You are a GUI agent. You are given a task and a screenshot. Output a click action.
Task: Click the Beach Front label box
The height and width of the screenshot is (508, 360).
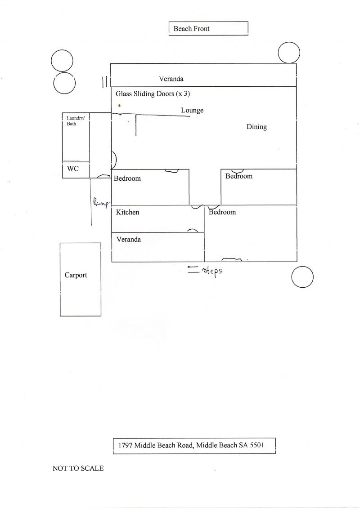[x=208, y=29]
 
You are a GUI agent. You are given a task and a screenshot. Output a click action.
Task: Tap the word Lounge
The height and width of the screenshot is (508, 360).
[x=192, y=110]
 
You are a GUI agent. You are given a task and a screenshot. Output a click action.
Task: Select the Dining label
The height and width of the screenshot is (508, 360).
[x=256, y=127]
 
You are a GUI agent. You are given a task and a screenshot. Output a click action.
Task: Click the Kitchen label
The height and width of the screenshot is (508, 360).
[x=128, y=212]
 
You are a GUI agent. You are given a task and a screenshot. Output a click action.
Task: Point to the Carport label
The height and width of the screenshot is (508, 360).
[x=76, y=275]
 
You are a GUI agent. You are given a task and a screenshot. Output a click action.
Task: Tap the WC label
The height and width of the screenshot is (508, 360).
[x=73, y=169]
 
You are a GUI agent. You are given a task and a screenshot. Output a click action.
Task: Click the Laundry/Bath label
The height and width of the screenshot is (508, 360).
[x=72, y=120]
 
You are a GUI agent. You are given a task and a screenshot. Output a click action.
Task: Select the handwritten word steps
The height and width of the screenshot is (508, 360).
[x=212, y=271]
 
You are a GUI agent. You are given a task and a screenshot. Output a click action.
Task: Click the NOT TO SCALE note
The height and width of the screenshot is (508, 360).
[x=78, y=468]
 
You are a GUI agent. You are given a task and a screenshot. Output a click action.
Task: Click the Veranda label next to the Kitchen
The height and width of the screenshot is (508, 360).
[x=129, y=239]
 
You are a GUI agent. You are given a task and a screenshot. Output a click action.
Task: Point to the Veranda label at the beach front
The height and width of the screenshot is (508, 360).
[x=171, y=79]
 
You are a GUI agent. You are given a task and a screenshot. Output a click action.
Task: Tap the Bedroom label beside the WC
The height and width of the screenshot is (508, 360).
[x=127, y=178]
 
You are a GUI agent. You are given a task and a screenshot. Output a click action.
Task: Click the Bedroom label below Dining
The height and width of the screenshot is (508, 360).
[x=239, y=176]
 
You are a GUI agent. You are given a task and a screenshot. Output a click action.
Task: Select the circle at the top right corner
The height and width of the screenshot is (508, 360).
[x=289, y=53]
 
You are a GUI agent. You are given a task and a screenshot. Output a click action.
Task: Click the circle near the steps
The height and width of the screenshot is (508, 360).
[x=302, y=277]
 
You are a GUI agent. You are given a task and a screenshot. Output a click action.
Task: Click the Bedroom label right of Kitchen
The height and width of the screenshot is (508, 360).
[x=222, y=212]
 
